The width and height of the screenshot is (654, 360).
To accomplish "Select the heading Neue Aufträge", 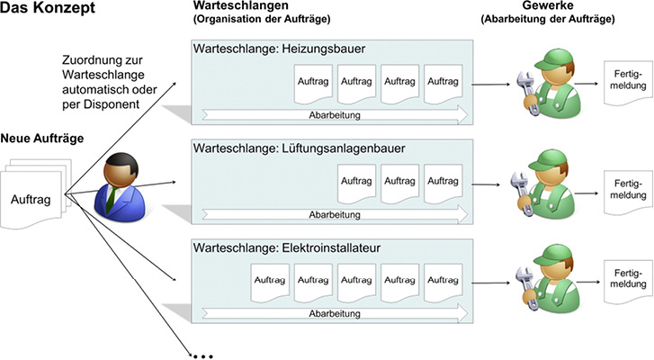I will point(42,138).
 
